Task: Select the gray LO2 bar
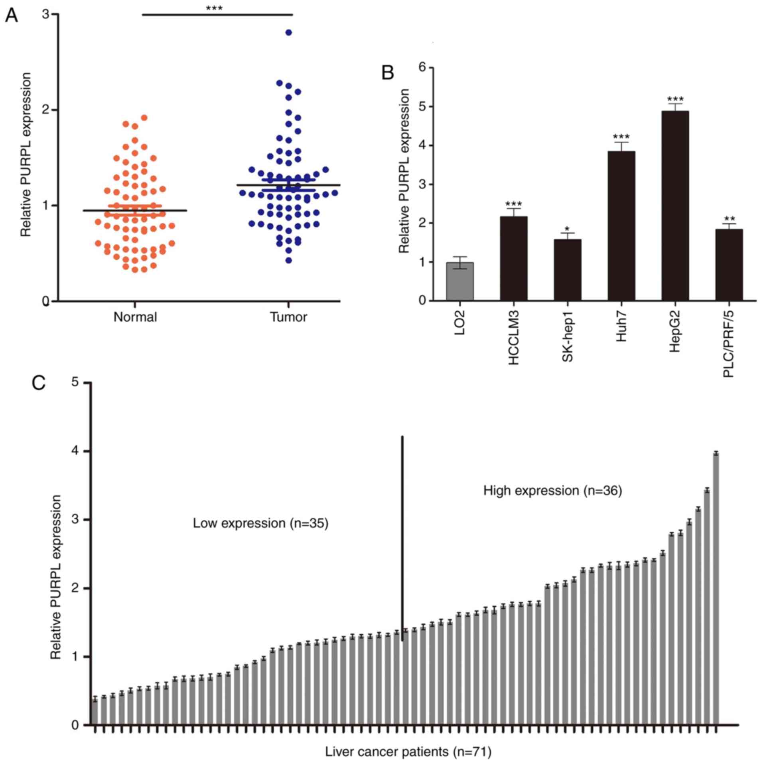460,281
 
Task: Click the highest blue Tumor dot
289,33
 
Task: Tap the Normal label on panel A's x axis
135,317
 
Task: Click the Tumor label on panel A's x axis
289,317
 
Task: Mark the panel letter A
11,16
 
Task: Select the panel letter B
388,73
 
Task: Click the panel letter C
39,384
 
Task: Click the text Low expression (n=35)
260,523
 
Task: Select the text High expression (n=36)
552,491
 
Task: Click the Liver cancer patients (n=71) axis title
408,752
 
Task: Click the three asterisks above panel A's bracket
214,8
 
